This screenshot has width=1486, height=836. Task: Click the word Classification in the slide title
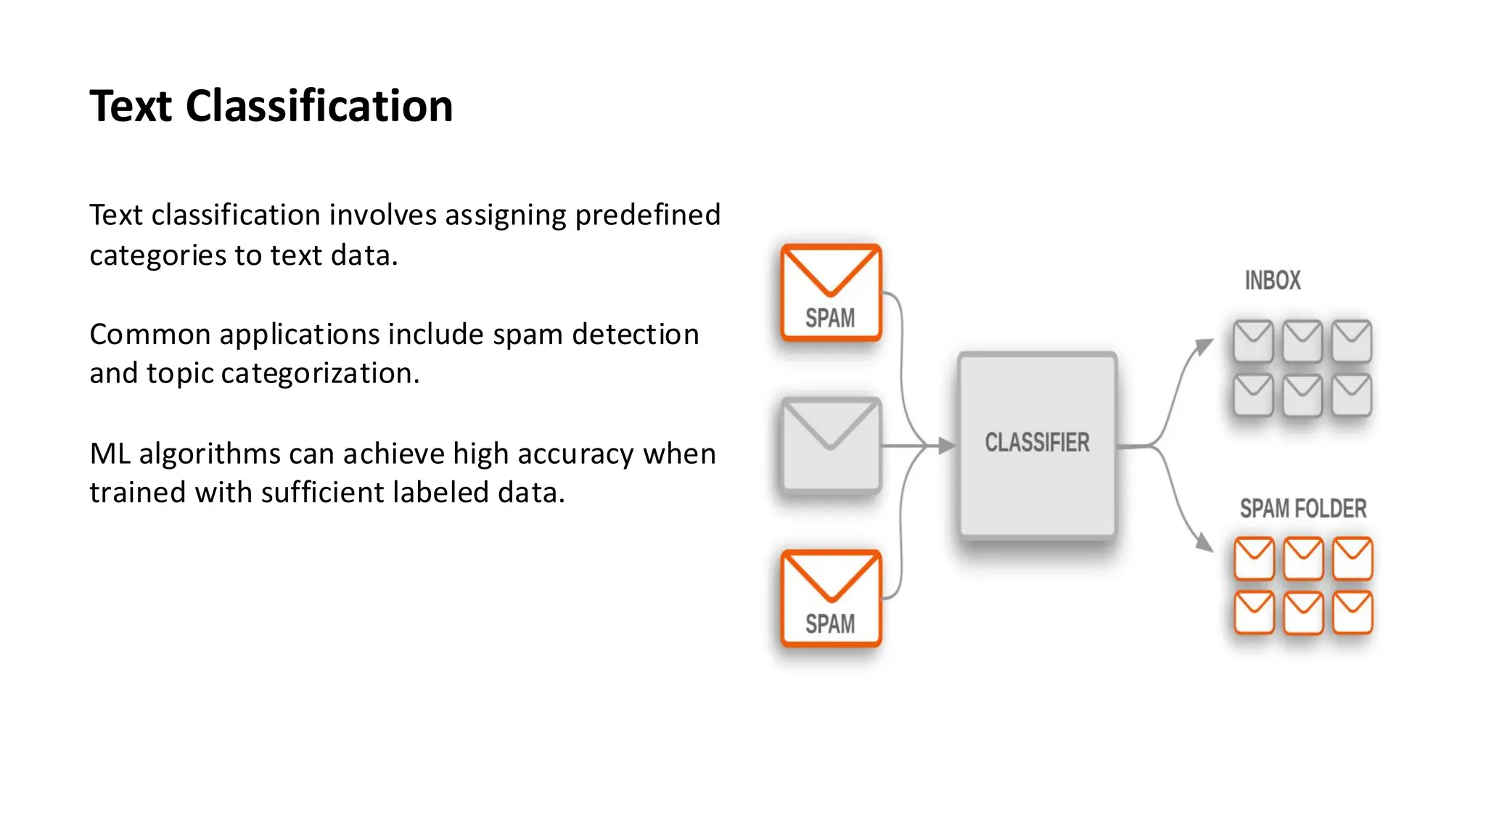click(319, 106)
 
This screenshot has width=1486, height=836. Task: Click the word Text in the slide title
click(131, 106)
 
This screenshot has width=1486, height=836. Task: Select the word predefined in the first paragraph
click(647, 216)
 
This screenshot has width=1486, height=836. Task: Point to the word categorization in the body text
click(319, 374)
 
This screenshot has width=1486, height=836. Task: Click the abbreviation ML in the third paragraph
click(109, 454)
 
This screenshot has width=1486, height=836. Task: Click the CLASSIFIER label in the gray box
click(1037, 442)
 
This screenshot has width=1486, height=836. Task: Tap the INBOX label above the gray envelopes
click(1273, 281)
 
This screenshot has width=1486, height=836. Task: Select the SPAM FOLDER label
click(1302, 509)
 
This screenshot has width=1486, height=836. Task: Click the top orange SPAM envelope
click(831, 292)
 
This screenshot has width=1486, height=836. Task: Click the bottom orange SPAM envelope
click(831, 598)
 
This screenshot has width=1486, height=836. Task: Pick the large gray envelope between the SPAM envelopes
click(831, 445)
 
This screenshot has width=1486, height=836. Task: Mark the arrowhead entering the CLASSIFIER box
click(946, 446)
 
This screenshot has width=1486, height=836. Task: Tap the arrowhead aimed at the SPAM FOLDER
click(1204, 543)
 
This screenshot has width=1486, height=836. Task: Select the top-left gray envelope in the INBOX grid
click(1253, 340)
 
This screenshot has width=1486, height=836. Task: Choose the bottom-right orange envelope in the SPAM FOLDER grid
click(1352, 612)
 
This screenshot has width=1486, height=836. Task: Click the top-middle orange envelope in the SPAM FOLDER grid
click(1303, 558)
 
